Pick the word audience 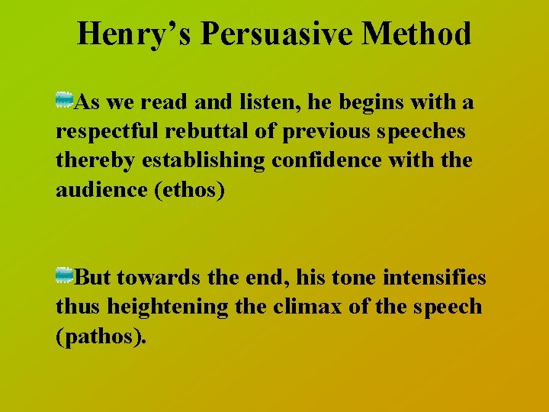(x=95, y=191)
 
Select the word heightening (x=167, y=307)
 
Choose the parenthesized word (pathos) (x=100, y=336)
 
